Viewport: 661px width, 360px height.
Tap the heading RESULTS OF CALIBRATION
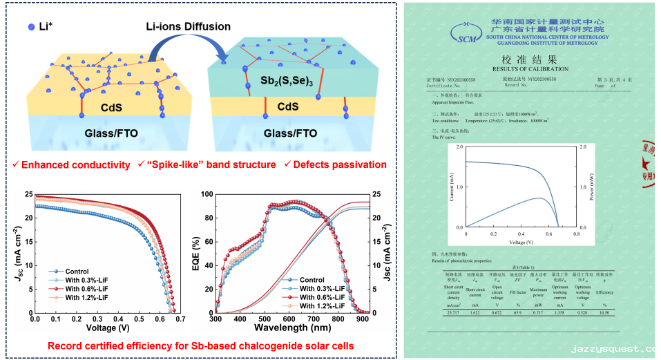(x=530, y=69)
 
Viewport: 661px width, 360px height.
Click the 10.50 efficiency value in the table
(x=604, y=313)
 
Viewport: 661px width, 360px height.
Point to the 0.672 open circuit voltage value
(x=497, y=313)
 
